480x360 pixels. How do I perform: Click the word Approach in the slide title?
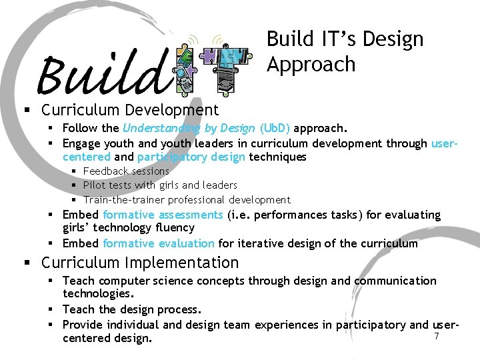coord(311,65)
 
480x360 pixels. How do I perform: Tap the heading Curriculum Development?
coord(130,109)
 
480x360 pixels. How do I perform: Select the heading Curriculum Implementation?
coord(140,263)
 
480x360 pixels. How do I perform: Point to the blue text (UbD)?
coord(275,128)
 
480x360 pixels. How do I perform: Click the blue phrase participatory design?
coord(192,157)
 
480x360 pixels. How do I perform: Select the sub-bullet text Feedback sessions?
coord(126,171)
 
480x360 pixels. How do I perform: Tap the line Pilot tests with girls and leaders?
coord(160,185)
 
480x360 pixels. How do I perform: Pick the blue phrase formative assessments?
coord(163,215)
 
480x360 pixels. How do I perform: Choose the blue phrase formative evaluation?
coord(159,243)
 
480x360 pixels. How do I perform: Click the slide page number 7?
coord(437,336)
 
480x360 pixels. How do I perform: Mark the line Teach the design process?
coord(132,309)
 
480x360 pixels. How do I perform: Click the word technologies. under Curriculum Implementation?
coord(98,294)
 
